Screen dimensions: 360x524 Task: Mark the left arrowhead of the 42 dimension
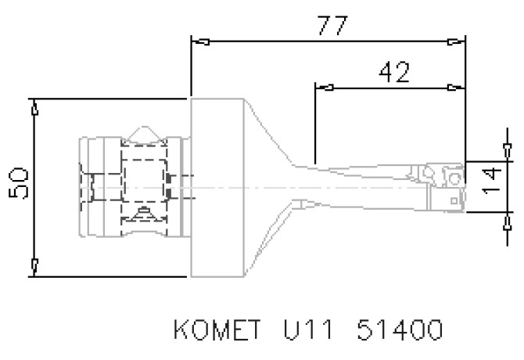[x=324, y=87]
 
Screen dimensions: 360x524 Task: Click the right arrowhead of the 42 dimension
[x=455, y=87]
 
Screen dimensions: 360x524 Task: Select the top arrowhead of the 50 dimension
[x=34, y=109]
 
